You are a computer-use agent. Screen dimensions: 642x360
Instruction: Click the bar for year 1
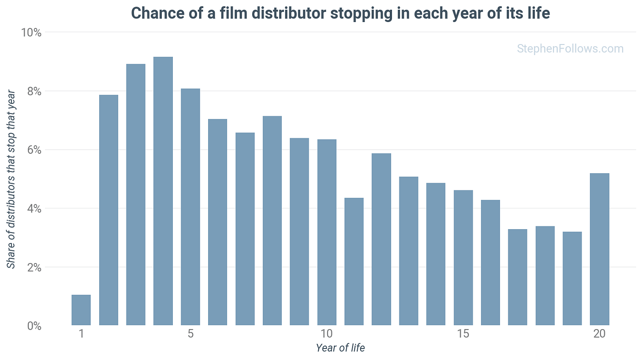click(x=81, y=310)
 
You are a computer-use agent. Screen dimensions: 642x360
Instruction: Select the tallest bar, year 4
click(x=163, y=191)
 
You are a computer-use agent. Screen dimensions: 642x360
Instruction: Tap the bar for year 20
click(x=600, y=249)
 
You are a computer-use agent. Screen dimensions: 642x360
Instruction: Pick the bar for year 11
click(x=354, y=261)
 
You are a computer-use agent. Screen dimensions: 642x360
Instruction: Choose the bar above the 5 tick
click(x=190, y=207)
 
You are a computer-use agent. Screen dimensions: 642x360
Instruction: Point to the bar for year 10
click(x=327, y=232)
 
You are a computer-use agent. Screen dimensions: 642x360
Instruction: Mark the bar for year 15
click(x=463, y=258)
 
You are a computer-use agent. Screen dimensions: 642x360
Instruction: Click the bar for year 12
click(x=381, y=239)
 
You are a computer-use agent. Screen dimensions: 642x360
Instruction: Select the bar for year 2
click(x=108, y=210)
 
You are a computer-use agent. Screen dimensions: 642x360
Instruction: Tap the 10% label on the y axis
click(x=31, y=33)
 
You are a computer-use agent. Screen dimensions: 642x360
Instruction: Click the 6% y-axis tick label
click(x=34, y=150)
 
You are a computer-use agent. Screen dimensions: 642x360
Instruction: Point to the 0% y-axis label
click(x=34, y=326)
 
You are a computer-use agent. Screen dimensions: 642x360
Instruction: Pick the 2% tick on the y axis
click(x=34, y=267)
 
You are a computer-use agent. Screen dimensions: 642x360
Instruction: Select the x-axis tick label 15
click(x=463, y=334)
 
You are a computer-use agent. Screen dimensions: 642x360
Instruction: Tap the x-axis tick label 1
click(x=82, y=334)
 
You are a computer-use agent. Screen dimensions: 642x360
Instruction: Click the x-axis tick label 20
click(x=599, y=334)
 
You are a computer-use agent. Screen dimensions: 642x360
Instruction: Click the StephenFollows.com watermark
click(x=571, y=48)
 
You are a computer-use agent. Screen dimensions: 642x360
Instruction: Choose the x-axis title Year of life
click(x=340, y=348)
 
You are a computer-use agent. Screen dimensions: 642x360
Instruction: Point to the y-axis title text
click(x=11, y=180)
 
